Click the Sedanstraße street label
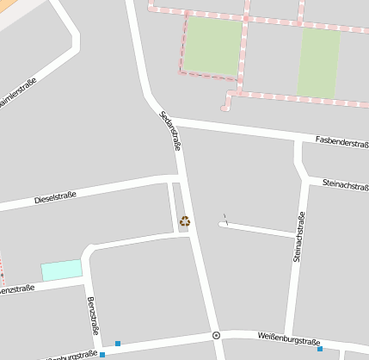170,131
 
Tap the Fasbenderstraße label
341,140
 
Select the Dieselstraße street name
55,198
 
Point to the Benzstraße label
93,317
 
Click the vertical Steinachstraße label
298,237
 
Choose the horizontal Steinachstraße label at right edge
345,183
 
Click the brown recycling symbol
185,221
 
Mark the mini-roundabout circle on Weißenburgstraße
216,335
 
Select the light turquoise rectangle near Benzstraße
62,270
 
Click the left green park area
212,47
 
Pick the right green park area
319,62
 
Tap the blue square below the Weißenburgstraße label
320,349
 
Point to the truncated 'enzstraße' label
17,289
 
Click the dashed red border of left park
182,47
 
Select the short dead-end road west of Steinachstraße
258,229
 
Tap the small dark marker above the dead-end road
224,217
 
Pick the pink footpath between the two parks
245,52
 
